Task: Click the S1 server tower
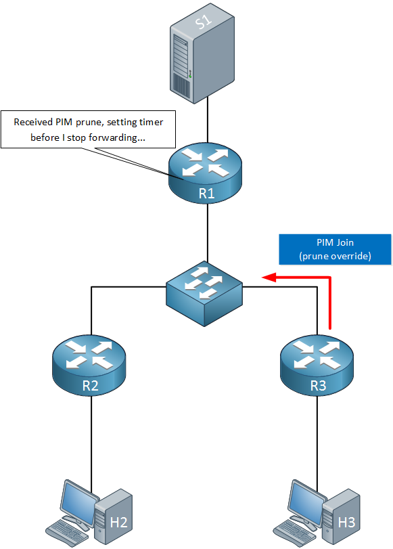coord(202,53)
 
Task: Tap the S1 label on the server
coord(204,22)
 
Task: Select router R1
coord(206,173)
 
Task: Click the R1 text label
coord(206,194)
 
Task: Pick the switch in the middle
coord(204,293)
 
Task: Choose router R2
coord(89,366)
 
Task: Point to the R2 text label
coord(90,385)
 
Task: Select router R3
coord(317,366)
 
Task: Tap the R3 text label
coord(319,385)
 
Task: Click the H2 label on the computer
coord(118,523)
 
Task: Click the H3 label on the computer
coord(347,523)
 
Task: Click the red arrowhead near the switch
coord(269,278)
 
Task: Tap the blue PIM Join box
coord(335,249)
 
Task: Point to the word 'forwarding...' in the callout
coord(117,137)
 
